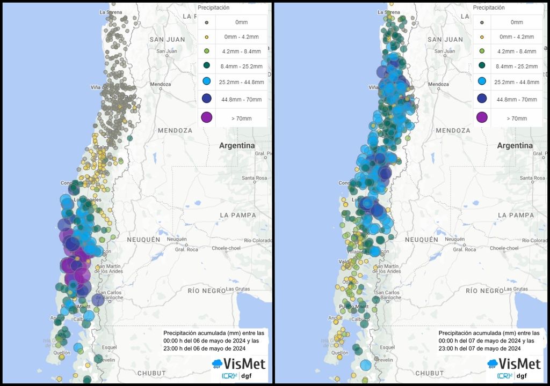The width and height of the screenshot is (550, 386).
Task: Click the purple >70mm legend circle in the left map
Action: click(x=206, y=117)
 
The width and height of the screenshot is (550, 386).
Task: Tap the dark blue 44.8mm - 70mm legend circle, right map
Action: click(x=482, y=98)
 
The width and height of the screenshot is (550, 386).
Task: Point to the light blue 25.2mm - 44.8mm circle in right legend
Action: click(x=482, y=81)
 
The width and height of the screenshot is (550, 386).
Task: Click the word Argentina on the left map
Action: click(x=236, y=146)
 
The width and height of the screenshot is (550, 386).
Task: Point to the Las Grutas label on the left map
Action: click(x=241, y=289)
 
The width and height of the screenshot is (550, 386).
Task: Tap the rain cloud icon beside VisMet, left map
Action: click(x=217, y=364)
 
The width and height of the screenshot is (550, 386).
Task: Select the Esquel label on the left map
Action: click(x=110, y=347)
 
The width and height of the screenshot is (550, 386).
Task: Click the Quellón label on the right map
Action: click(x=339, y=353)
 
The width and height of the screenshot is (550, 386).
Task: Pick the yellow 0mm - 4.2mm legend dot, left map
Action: click(x=206, y=36)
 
